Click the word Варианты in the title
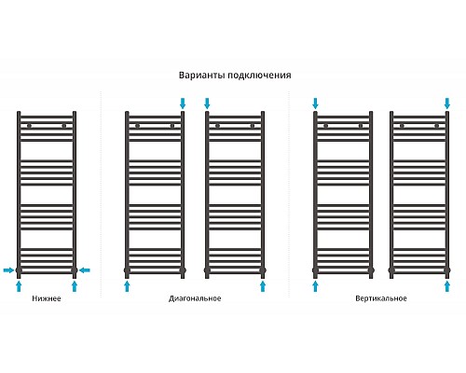pyautogui.click(x=202, y=76)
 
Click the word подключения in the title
pyautogui.click(x=259, y=76)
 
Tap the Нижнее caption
pyautogui.click(x=47, y=298)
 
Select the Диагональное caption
pyautogui.click(x=195, y=298)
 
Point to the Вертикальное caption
pyautogui.click(x=381, y=298)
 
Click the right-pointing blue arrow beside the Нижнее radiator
pyautogui.click(x=8, y=269)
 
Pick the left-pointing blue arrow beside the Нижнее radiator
pyautogui.click(x=84, y=270)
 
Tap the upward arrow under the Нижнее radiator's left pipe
pyautogui.click(x=19, y=286)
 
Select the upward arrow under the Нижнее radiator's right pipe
pyautogui.click(x=75, y=286)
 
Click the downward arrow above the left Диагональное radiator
pyautogui.click(x=183, y=104)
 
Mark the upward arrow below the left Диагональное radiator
pyautogui.click(x=127, y=286)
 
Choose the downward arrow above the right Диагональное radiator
pyautogui.click(x=207, y=104)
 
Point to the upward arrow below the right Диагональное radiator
pyautogui.click(x=263, y=286)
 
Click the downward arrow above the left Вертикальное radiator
pyautogui.click(x=315, y=104)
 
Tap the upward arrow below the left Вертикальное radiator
pyautogui.click(x=315, y=286)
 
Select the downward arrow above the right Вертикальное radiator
pyautogui.click(x=447, y=104)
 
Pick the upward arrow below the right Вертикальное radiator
pyautogui.click(x=447, y=286)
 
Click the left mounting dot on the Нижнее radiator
pyautogui.click(x=29, y=126)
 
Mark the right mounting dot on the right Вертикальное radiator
pyautogui.click(x=436, y=126)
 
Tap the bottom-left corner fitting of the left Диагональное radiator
pyautogui.click(x=127, y=270)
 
